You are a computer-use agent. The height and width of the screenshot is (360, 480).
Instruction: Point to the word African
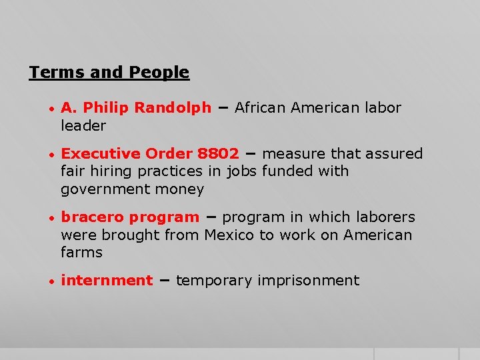[x=261, y=108]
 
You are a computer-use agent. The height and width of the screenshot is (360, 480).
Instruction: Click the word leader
[x=83, y=125]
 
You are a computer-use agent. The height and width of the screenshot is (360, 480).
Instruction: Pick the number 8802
[x=218, y=154]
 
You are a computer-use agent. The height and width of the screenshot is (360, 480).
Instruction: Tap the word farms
[x=81, y=252]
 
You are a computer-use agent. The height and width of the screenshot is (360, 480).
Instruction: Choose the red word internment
[x=107, y=281]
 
